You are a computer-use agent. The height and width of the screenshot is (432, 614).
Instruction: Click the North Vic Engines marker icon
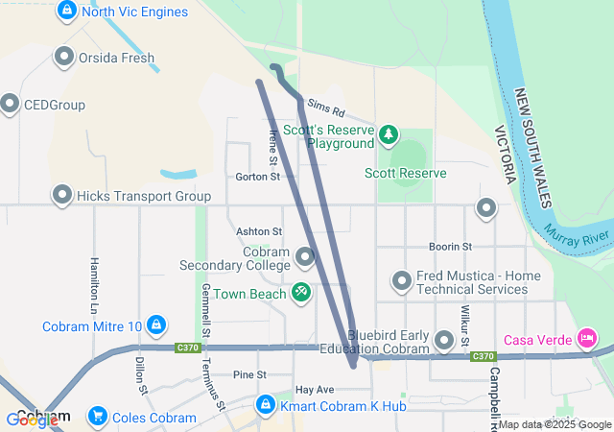pyautogui.click(x=67, y=11)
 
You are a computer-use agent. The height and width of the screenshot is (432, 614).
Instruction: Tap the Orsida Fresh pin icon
pyautogui.click(x=65, y=57)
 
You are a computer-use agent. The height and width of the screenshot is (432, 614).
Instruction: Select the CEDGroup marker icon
pyautogui.click(x=11, y=104)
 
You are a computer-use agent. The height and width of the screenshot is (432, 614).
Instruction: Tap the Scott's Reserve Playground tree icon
pyautogui.click(x=388, y=134)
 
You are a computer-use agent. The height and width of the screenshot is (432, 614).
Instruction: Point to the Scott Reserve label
pyautogui.click(x=405, y=173)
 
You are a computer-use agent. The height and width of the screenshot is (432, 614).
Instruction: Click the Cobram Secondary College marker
pyautogui.click(x=305, y=257)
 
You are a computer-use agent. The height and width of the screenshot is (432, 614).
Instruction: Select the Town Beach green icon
pyautogui.click(x=300, y=290)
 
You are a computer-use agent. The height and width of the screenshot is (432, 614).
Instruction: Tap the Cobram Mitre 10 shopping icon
pyautogui.click(x=156, y=325)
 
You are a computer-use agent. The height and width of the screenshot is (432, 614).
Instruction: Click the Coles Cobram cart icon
pyautogui.click(x=97, y=417)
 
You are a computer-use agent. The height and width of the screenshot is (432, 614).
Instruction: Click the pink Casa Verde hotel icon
pyautogui.click(x=586, y=338)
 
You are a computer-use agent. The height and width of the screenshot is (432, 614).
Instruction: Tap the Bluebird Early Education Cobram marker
pyautogui.click(x=444, y=340)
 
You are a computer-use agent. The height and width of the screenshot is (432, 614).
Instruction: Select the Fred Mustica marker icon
pyautogui.click(x=402, y=281)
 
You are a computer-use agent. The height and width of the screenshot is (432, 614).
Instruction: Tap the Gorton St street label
pyautogui.click(x=257, y=177)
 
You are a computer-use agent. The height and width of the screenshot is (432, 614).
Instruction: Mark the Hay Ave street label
pyautogui.click(x=314, y=390)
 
